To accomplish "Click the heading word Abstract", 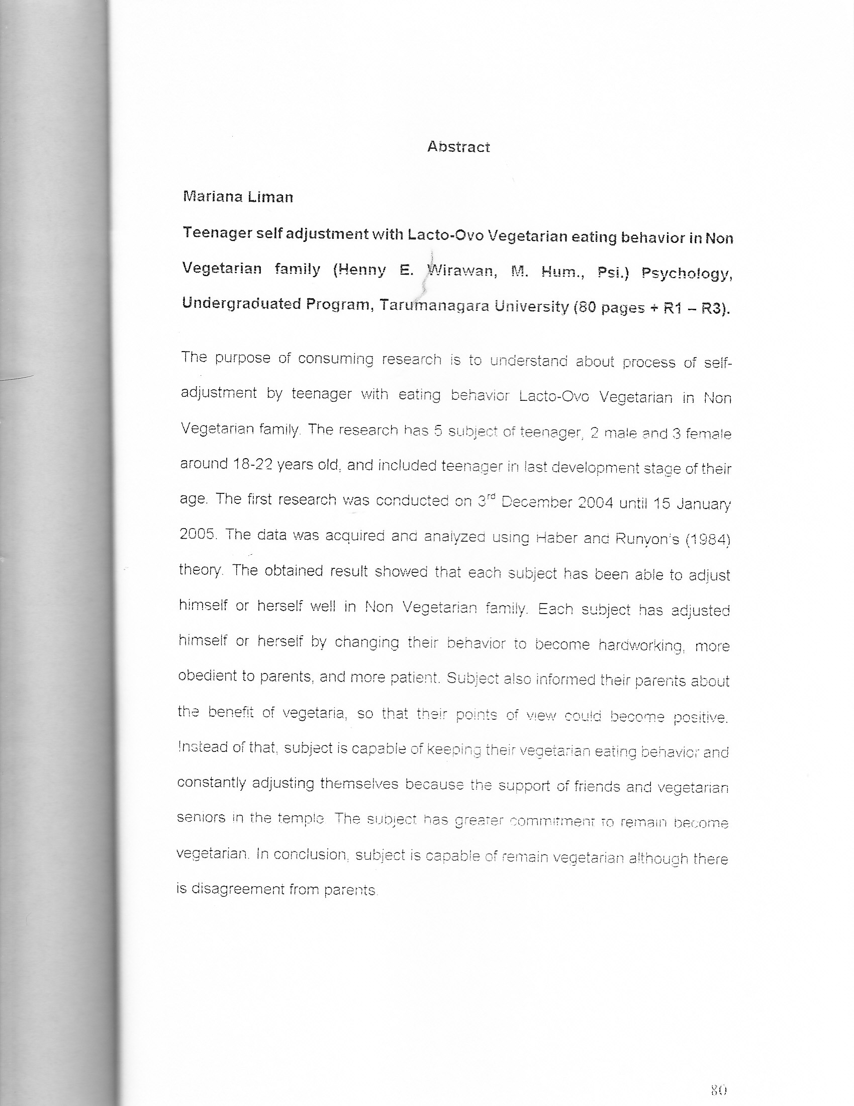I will [458, 147].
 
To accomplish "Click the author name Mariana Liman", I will [238, 197].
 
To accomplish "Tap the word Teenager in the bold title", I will [217, 233].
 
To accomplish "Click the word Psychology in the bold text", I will [687, 274].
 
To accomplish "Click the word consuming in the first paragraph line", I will [336, 359].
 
